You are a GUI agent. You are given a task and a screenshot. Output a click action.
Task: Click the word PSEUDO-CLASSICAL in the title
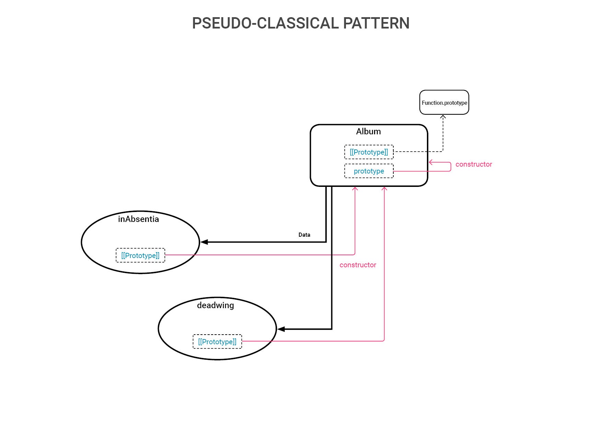pyautogui.click(x=265, y=23)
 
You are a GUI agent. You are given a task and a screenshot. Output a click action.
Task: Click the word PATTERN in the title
pyautogui.click(x=376, y=23)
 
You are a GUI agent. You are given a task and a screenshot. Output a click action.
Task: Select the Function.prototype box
pyautogui.click(x=444, y=102)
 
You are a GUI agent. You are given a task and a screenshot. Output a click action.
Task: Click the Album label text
pyautogui.click(x=368, y=132)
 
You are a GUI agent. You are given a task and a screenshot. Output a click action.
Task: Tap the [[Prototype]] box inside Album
pyautogui.click(x=369, y=152)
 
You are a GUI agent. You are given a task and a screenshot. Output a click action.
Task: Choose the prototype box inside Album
pyautogui.click(x=369, y=171)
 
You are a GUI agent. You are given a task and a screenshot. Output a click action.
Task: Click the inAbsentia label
pyautogui.click(x=138, y=219)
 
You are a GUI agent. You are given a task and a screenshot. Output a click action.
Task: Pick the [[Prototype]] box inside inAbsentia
pyautogui.click(x=140, y=255)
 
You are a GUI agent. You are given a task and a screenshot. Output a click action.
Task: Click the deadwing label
pyautogui.click(x=216, y=305)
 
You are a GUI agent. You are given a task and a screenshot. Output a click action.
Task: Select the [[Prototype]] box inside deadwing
pyautogui.click(x=217, y=341)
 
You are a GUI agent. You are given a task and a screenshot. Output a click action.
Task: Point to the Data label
pyautogui.click(x=304, y=235)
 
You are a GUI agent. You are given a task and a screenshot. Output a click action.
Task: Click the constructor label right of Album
pyautogui.click(x=474, y=164)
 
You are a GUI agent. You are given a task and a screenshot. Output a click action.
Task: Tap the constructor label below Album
pyautogui.click(x=358, y=265)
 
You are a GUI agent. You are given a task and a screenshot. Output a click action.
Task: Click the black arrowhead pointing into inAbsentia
pyautogui.click(x=204, y=242)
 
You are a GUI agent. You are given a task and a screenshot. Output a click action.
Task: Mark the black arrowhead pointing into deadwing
pyautogui.click(x=281, y=329)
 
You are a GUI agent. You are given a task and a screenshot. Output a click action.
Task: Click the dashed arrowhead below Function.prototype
pyautogui.click(x=443, y=117)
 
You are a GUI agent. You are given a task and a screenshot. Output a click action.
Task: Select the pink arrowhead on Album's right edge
pyautogui.click(x=431, y=162)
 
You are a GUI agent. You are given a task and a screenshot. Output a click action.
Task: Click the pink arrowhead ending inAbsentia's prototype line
pyautogui.click(x=355, y=189)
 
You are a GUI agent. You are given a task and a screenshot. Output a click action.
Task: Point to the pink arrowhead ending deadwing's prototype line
pyautogui.click(x=384, y=189)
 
